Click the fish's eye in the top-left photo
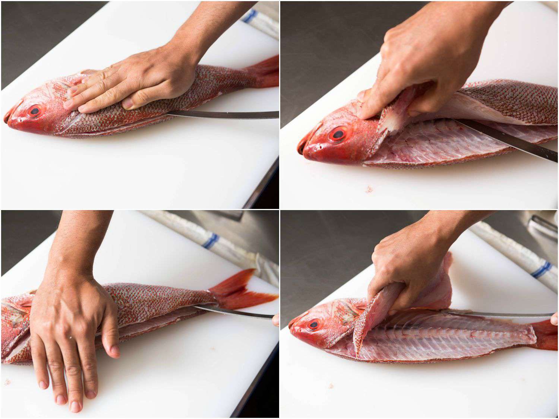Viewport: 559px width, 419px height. [x=36, y=110]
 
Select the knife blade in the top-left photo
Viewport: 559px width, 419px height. [x=224, y=114]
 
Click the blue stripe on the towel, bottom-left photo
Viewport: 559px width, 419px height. [x=211, y=240]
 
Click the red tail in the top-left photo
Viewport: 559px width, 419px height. [x=266, y=73]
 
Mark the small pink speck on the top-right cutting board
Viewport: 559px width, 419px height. [x=369, y=190]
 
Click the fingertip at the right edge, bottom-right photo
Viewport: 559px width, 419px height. [x=555, y=318]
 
